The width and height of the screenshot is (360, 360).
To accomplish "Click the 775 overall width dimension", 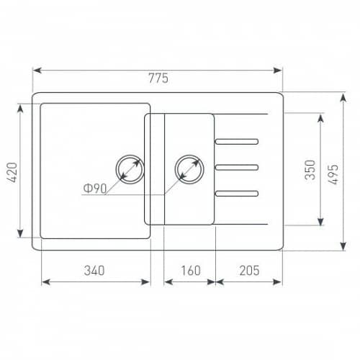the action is pos(158,78).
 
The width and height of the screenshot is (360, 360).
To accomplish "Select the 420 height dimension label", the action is pos(12,172).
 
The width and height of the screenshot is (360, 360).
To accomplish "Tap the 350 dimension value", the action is pos(310,170).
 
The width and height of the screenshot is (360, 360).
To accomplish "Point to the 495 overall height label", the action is pos(333,174).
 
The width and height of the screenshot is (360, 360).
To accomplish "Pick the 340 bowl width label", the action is pos(94,271).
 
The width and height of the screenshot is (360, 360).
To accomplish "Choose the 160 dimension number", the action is pos(191,271).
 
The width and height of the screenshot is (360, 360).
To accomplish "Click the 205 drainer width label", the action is pos(249,271).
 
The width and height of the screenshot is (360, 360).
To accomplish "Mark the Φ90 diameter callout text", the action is pos(95,189).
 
